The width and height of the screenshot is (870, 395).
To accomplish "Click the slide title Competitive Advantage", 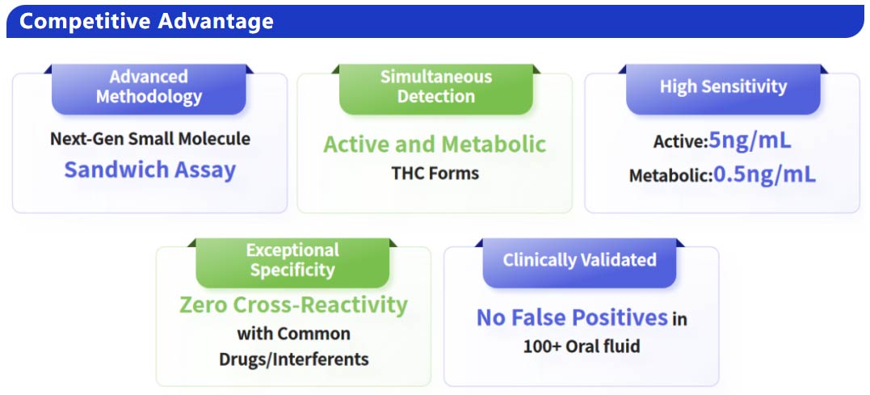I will click(146, 21).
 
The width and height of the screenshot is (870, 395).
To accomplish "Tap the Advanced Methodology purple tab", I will click(149, 86).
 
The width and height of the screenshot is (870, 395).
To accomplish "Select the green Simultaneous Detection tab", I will click(435, 86).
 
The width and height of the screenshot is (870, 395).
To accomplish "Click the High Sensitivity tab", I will click(723, 86).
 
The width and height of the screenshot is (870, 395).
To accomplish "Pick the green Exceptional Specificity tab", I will click(292, 259).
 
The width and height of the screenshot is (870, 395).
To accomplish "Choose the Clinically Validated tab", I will click(579, 260).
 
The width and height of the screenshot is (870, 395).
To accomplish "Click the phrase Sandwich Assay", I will click(150, 170).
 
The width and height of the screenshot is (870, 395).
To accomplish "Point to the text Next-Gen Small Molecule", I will click(150, 138).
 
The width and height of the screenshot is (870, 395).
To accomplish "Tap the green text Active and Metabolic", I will click(435, 145).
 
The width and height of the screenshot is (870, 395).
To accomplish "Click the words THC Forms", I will click(435, 173).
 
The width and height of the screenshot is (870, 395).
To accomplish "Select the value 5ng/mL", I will click(750, 141).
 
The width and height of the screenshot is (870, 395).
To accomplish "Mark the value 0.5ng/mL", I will click(764, 174).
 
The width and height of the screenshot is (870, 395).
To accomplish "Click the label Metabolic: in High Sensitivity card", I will click(670, 175).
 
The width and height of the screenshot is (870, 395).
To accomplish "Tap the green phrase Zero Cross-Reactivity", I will click(293, 305).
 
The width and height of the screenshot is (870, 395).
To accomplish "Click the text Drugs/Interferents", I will click(293, 359).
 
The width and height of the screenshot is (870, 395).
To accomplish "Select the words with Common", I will click(293, 333).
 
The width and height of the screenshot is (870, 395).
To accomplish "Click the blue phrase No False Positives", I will click(572, 317).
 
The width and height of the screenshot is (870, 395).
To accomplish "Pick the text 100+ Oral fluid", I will click(581, 347).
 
